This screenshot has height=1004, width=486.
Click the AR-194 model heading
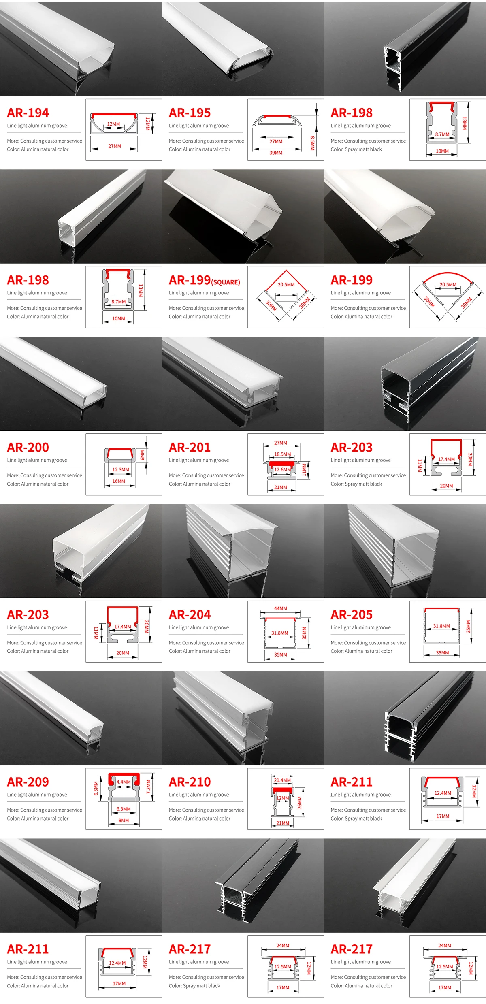click(x=28, y=113)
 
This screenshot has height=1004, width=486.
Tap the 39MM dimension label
click(x=276, y=153)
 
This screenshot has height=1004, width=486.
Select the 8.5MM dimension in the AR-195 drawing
click(x=312, y=143)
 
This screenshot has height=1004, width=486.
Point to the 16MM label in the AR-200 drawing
click(x=119, y=481)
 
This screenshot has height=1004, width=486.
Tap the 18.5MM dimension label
click(x=282, y=454)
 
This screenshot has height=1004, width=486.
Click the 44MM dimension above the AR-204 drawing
click(x=280, y=608)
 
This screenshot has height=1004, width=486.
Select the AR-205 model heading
click(x=352, y=614)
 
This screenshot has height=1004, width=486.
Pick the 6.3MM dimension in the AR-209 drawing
click(x=124, y=809)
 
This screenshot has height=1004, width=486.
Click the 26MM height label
click(x=300, y=803)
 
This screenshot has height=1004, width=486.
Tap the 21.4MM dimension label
click(x=282, y=780)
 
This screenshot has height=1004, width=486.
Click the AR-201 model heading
click(x=190, y=447)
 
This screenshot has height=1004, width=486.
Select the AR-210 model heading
click(x=190, y=782)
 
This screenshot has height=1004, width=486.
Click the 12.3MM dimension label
click(x=121, y=470)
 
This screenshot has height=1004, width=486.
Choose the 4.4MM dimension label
click(x=124, y=782)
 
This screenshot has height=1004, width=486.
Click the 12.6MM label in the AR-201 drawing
click(x=282, y=469)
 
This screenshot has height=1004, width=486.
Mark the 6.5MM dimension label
click(x=96, y=789)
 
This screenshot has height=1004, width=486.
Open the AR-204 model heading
click(x=190, y=614)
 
